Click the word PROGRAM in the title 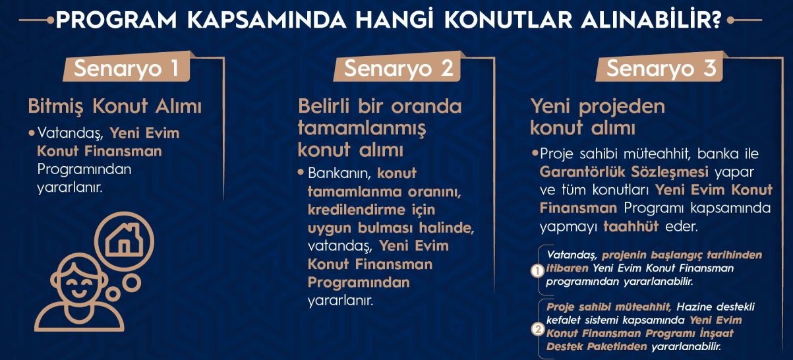point(117,20)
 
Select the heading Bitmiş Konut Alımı point(115,106)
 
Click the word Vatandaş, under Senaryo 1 point(70,133)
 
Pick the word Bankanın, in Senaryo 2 point(339,173)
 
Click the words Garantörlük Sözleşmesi point(624,172)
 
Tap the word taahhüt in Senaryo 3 point(631,226)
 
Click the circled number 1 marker point(537,271)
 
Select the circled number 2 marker point(537,330)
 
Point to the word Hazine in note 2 point(690,307)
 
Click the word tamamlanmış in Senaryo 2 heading point(362,128)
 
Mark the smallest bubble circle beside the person point(113,294)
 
